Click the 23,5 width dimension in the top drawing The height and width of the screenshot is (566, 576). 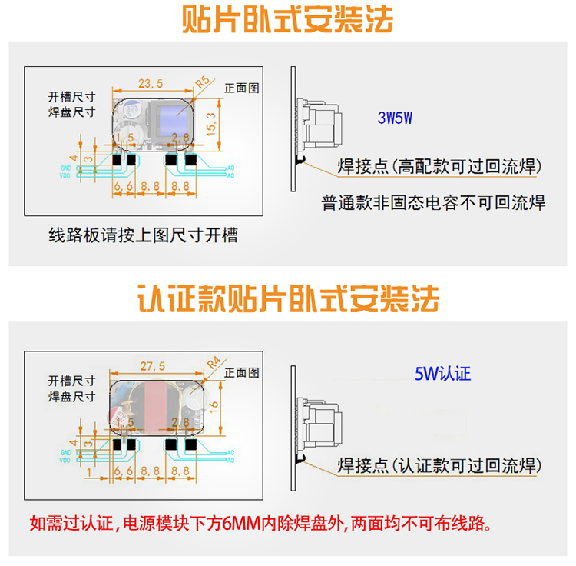[150, 83]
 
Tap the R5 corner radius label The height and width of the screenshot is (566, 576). [204, 81]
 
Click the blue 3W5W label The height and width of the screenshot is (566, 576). [396, 118]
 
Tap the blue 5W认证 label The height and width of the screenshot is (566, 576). [442, 375]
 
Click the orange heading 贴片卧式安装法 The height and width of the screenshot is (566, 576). [287, 20]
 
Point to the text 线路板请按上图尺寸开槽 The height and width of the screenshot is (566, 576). [143, 235]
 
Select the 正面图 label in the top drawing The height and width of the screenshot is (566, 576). [239, 88]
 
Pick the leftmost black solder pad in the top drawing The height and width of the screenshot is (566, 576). [118, 160]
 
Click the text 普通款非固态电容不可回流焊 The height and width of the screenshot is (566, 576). [433, 203]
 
